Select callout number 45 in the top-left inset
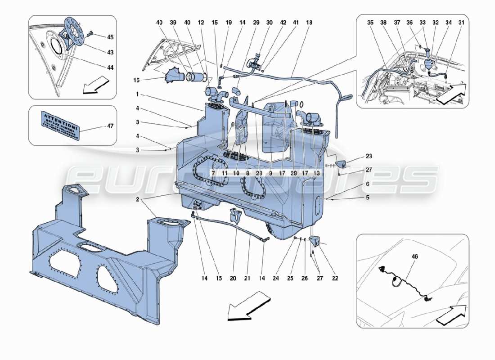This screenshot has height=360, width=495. click(x=110, y=36)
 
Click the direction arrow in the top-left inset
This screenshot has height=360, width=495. click(x=96, y=85)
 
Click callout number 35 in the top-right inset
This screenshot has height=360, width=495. click(x=369, y=22)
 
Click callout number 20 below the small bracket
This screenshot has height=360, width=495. click(x=233, y=279)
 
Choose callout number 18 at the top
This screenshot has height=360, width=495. click(x=310, y=22)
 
